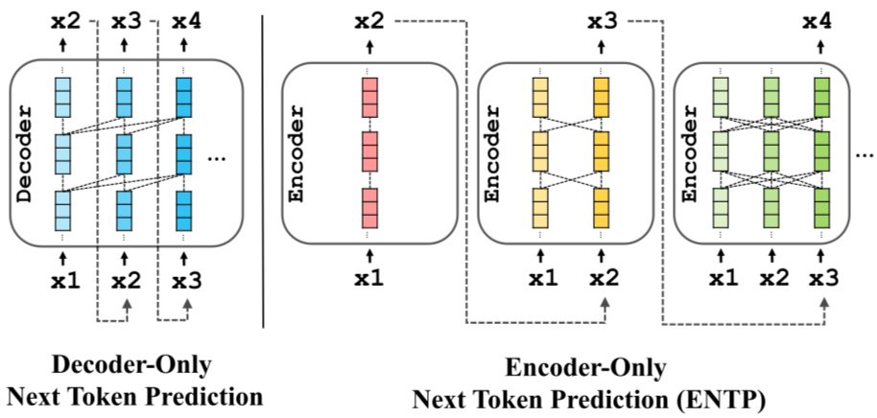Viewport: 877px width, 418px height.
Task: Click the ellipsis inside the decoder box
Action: point(216,157)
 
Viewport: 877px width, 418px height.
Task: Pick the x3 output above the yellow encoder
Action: point(603,20)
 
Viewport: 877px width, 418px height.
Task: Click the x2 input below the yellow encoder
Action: point(603,280)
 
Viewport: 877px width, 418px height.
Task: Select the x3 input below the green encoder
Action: point(822,280)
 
